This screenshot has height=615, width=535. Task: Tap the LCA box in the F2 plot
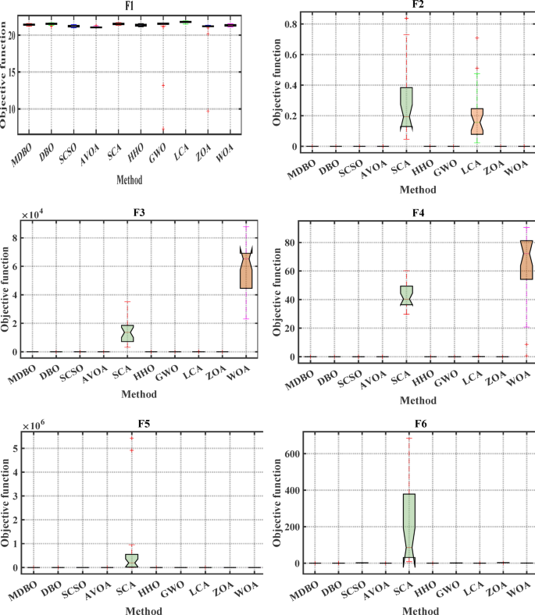tap(476, 121)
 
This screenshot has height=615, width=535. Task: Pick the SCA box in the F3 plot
tap(128, 332)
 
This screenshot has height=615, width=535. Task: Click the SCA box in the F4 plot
tap(406, 296)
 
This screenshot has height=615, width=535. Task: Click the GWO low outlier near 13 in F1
tap(162, 85)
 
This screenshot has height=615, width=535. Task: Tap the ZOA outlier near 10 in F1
tap(208, 110)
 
